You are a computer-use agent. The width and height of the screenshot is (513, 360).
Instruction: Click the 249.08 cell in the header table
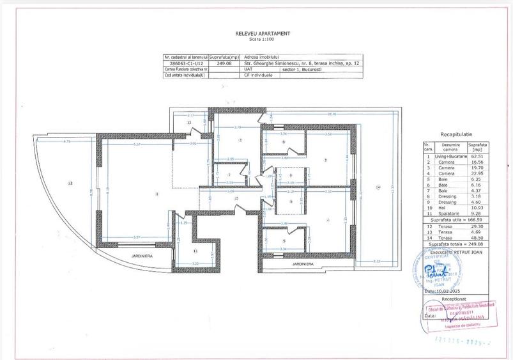click(224, 64)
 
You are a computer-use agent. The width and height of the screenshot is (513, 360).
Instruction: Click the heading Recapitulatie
click(456, 136)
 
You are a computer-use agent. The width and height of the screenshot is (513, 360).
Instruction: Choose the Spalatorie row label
click(448, 212)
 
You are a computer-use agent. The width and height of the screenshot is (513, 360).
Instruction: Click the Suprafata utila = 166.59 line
click(455, 219)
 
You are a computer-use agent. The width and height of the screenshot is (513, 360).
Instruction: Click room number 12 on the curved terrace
click(70, 184)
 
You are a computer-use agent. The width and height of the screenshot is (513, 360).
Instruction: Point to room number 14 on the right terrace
click(378, 187)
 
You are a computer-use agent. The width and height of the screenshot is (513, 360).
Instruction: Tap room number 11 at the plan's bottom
click(194, 251)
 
